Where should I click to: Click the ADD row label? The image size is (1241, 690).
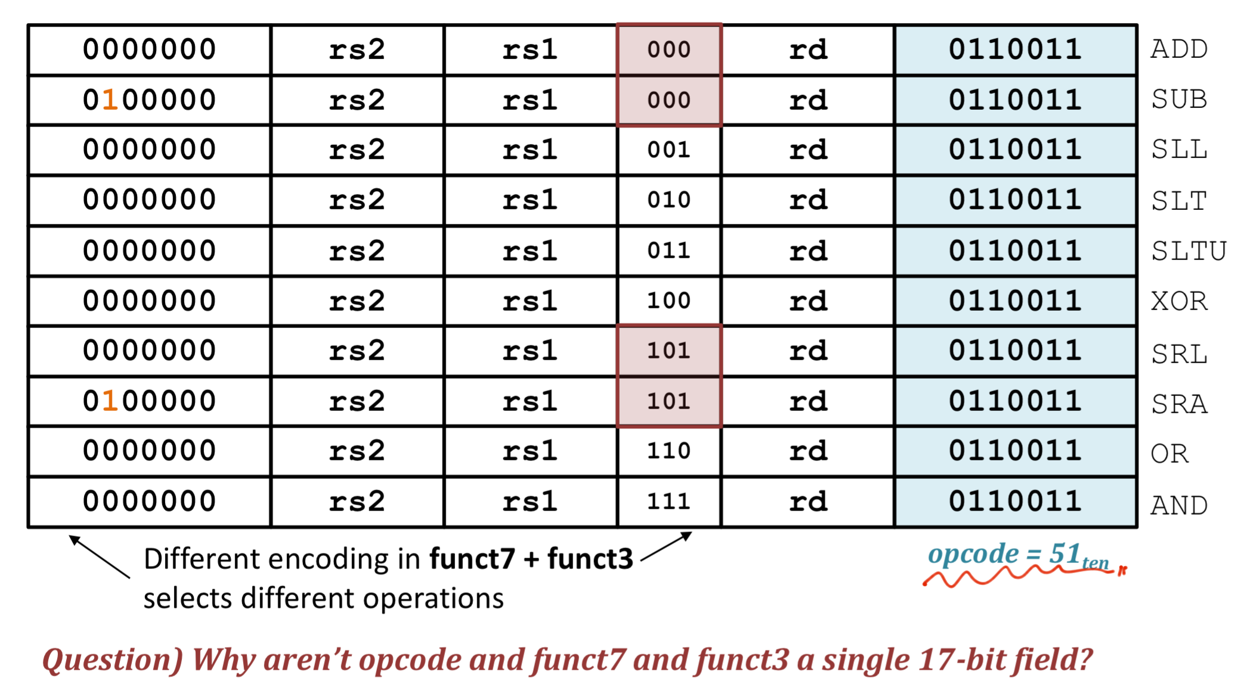1179,49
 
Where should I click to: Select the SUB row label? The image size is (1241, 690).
1179,99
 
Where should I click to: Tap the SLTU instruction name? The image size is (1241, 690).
1189,250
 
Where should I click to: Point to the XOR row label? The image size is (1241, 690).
1179,301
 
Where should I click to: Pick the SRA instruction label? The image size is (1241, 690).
1179,404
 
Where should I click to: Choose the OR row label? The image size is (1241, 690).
1169,454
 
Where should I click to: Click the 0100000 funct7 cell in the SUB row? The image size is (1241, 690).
149,100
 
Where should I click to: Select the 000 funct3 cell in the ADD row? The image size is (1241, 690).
669,49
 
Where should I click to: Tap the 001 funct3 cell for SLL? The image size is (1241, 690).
669,150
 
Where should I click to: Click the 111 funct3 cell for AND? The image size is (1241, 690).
669,502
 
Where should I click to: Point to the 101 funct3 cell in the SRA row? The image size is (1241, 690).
669,401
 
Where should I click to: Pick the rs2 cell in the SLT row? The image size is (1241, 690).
357,200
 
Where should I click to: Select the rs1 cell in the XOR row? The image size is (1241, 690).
530,301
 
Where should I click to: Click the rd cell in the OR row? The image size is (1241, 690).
808,451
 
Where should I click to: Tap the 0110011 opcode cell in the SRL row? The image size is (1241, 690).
1015,351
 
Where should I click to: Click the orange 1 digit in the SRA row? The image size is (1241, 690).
110,401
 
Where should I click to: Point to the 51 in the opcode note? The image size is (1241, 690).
1064,553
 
